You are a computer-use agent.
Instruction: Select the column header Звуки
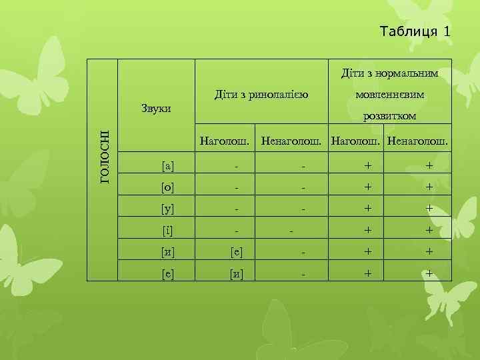(157, 108)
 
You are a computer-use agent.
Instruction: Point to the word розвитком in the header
(390, 115)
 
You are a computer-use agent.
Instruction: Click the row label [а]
(169, 165)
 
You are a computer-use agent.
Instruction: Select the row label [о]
(169, 187)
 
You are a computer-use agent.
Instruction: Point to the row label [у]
(169, 209)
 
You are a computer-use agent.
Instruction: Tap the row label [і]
(169, 231)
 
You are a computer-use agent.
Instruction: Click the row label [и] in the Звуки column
(169, 252)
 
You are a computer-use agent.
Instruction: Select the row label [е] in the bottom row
(169, 273)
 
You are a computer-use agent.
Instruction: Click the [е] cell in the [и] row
(236, 252)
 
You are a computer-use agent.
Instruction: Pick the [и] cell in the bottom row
(236, 273)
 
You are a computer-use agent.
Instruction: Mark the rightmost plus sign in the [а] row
(429, 165)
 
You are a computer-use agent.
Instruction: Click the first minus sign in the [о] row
(236, 188)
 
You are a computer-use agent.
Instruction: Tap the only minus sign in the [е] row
(303, 274)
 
